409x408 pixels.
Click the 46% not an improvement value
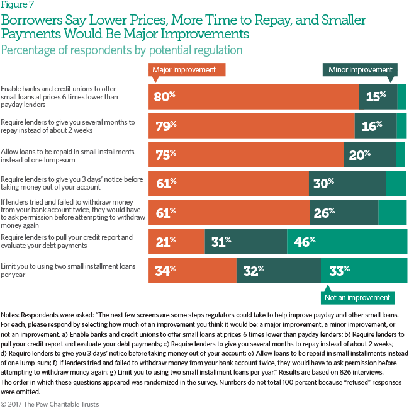tap(305, 241)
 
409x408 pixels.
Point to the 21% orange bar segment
tap(176, 241)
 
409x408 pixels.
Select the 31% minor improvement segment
tap(245, 241)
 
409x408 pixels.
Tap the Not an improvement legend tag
tap(357, 297)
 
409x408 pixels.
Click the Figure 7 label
tap(20, 7)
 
